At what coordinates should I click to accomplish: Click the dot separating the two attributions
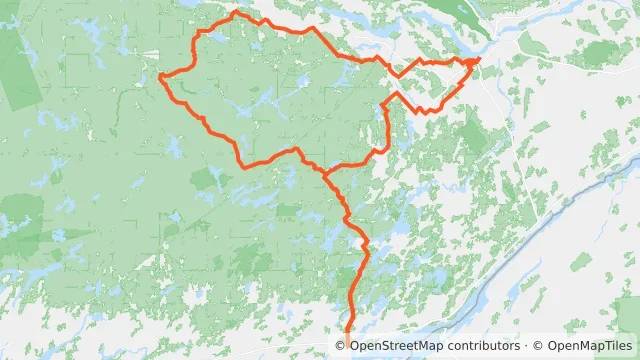tap(526, 346)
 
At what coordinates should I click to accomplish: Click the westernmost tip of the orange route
tap(161, 75)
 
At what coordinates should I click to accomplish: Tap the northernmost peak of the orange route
tap(234, 12)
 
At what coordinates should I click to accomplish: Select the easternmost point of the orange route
tap(479, 60)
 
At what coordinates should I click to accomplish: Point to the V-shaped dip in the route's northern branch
tap(399, 75)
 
